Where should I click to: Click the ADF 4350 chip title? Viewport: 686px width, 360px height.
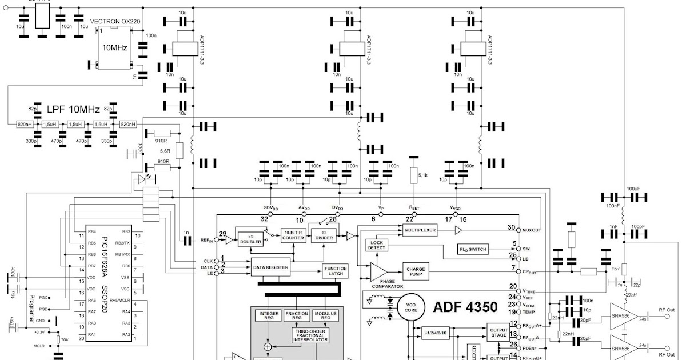[465, 307]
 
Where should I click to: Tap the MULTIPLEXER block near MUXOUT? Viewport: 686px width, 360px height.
[420, 230]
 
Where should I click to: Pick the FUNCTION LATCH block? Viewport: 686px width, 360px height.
[335, 271]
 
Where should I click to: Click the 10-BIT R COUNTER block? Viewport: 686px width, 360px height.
[293, 235]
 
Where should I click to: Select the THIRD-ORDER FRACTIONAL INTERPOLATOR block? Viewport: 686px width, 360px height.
[310, 335]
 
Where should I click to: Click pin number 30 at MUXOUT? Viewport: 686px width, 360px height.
[510, 227]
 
